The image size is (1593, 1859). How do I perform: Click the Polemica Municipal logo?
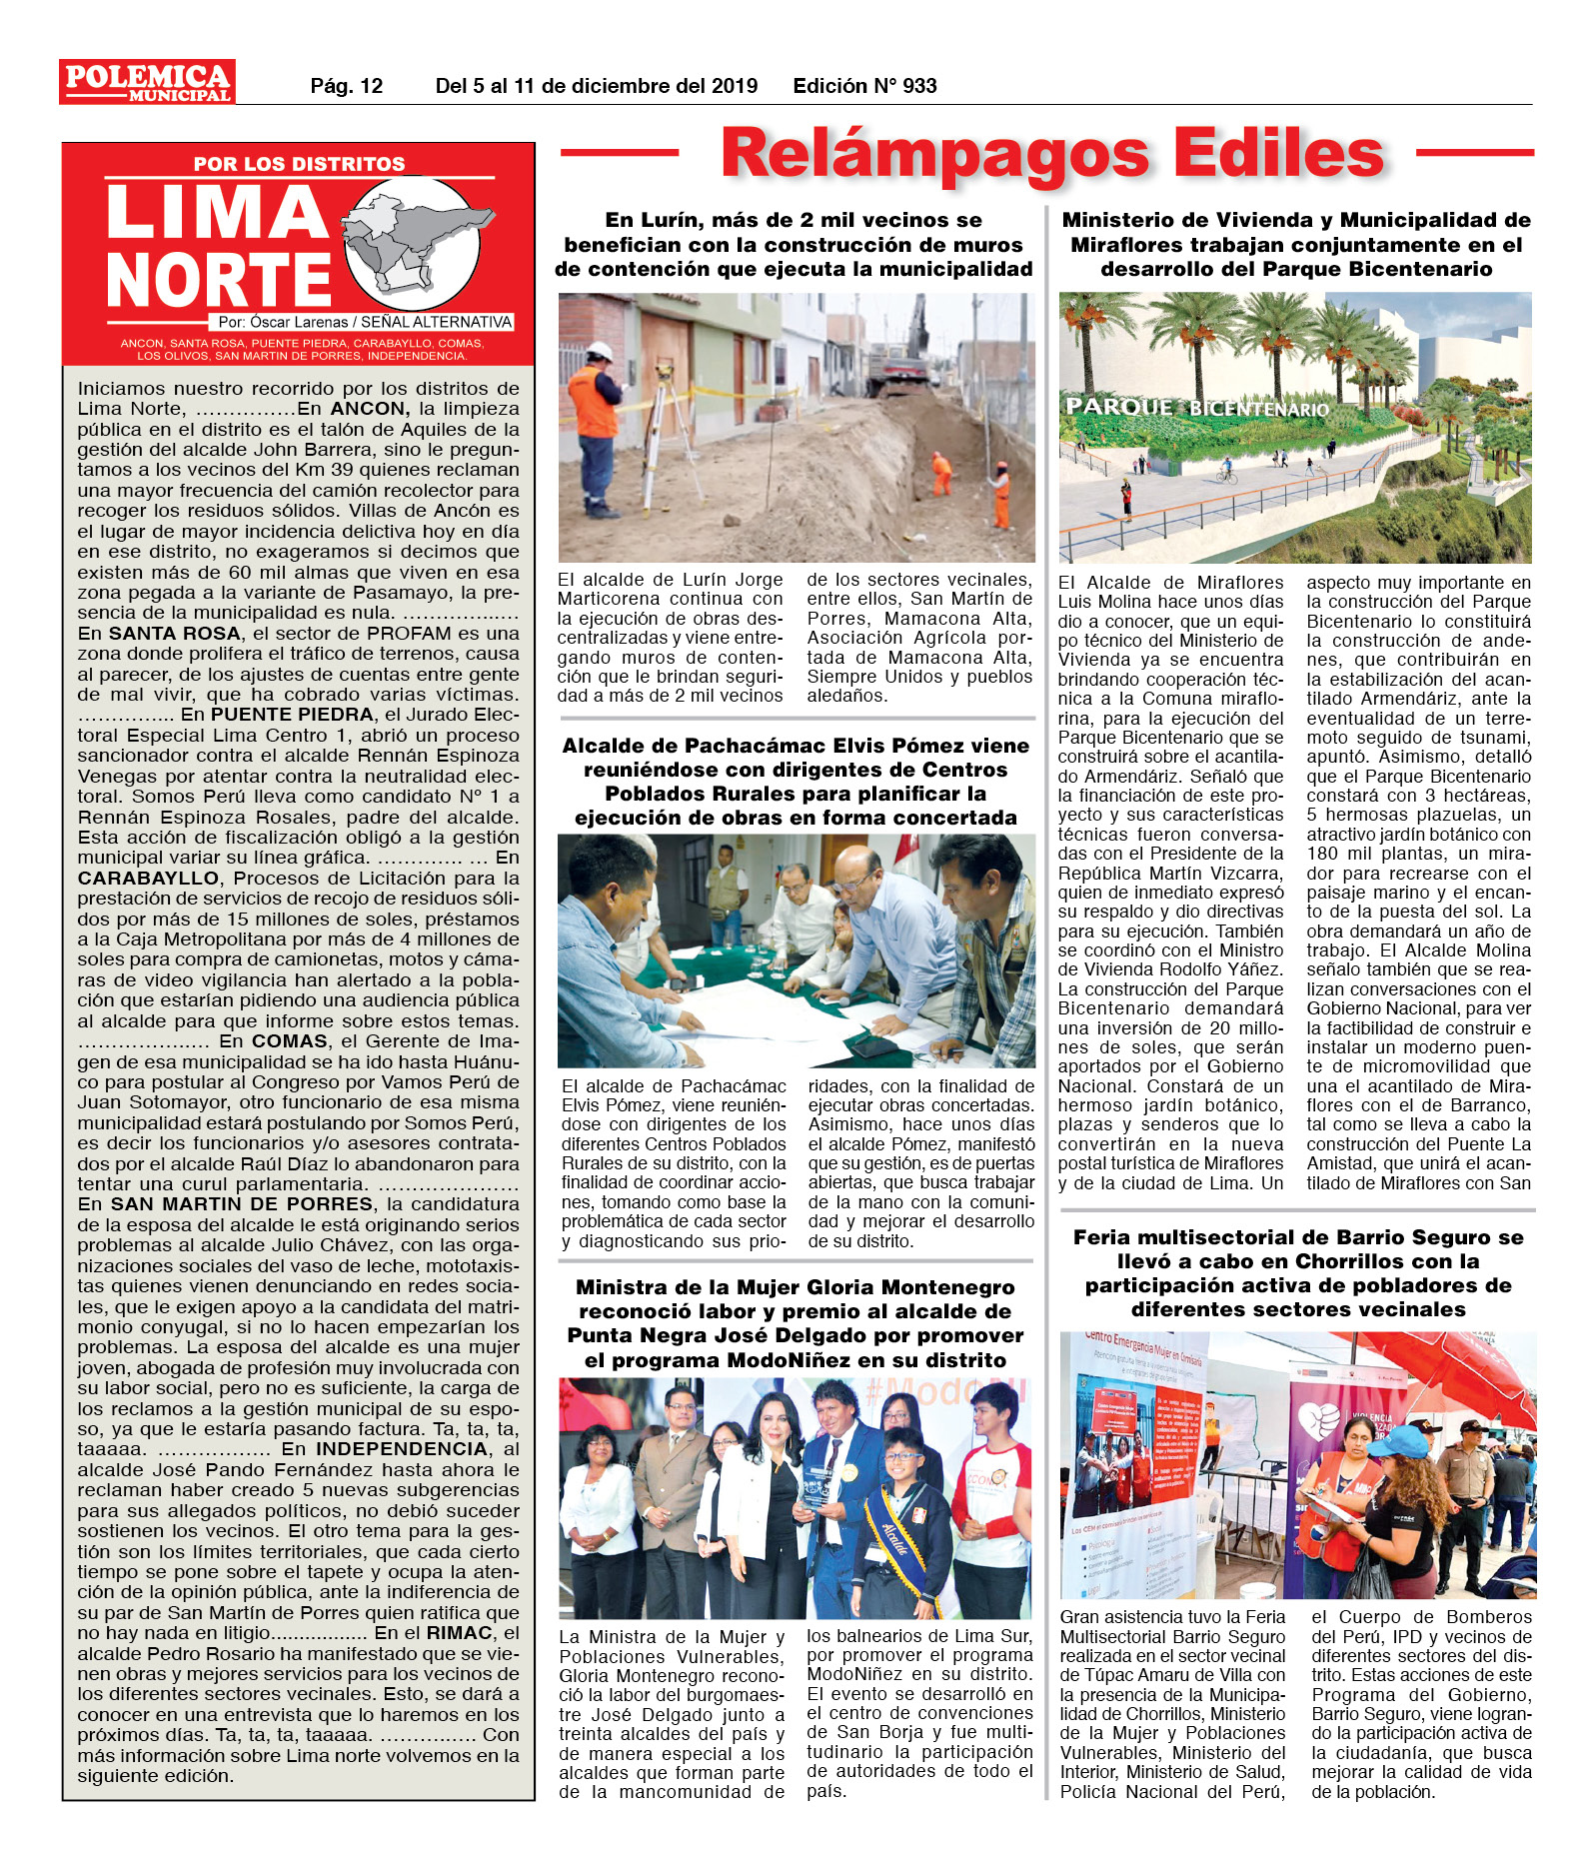point(147,82)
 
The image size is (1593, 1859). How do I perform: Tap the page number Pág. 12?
point(346,86)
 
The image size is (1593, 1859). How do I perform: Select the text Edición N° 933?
point(864,86)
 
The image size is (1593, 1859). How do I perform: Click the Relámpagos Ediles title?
point(1051,155)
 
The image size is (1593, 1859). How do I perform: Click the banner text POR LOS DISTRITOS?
point(299,164)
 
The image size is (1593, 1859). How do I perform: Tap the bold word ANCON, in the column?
point(370,409)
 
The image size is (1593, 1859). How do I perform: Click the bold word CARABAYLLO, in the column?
point(149,878)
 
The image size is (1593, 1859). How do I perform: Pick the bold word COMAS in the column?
point(289,1040)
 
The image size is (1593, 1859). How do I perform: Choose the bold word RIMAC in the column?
point(460,1632)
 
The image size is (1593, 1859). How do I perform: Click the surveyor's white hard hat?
point(600,351)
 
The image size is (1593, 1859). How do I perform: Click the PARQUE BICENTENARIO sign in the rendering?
point(1196,408)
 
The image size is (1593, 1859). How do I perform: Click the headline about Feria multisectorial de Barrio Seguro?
point(1297,1272)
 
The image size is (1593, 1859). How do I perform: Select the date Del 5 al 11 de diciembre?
point(596,86)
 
